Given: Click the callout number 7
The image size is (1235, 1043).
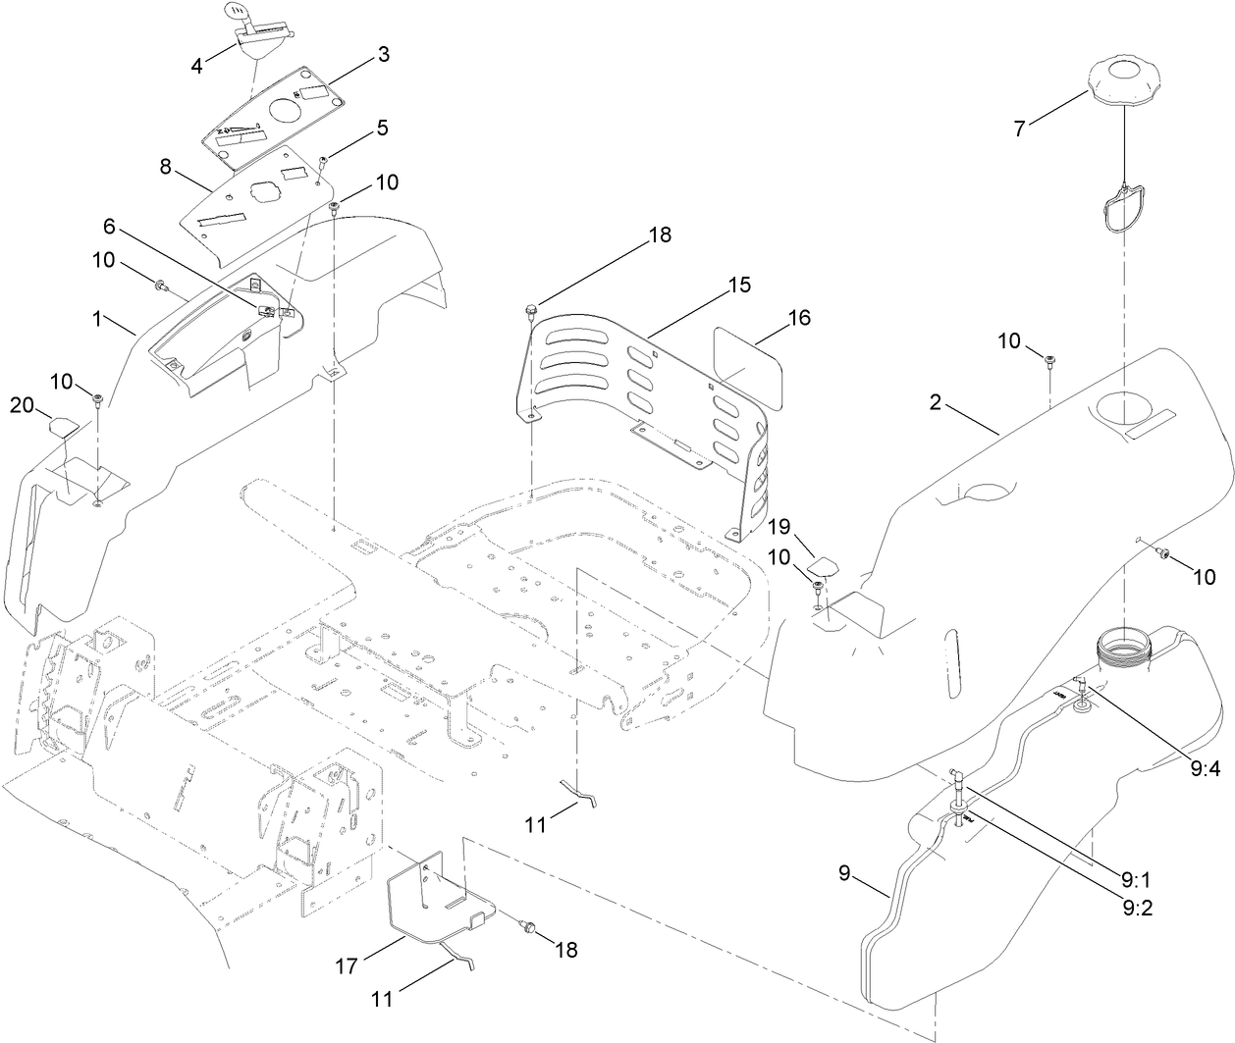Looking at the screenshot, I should tap(1020, 128).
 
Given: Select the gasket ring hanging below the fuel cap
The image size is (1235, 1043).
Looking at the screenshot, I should tap(1125, 211).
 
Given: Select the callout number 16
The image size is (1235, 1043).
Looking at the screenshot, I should tap(801, 317).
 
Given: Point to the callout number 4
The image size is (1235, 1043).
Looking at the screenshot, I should tap(197, 67).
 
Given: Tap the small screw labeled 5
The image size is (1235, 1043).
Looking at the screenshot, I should tap(324, 160).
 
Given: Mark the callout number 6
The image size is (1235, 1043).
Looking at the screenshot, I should tap(110, 227).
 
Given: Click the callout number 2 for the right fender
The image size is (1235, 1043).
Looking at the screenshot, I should tap(936, 401).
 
